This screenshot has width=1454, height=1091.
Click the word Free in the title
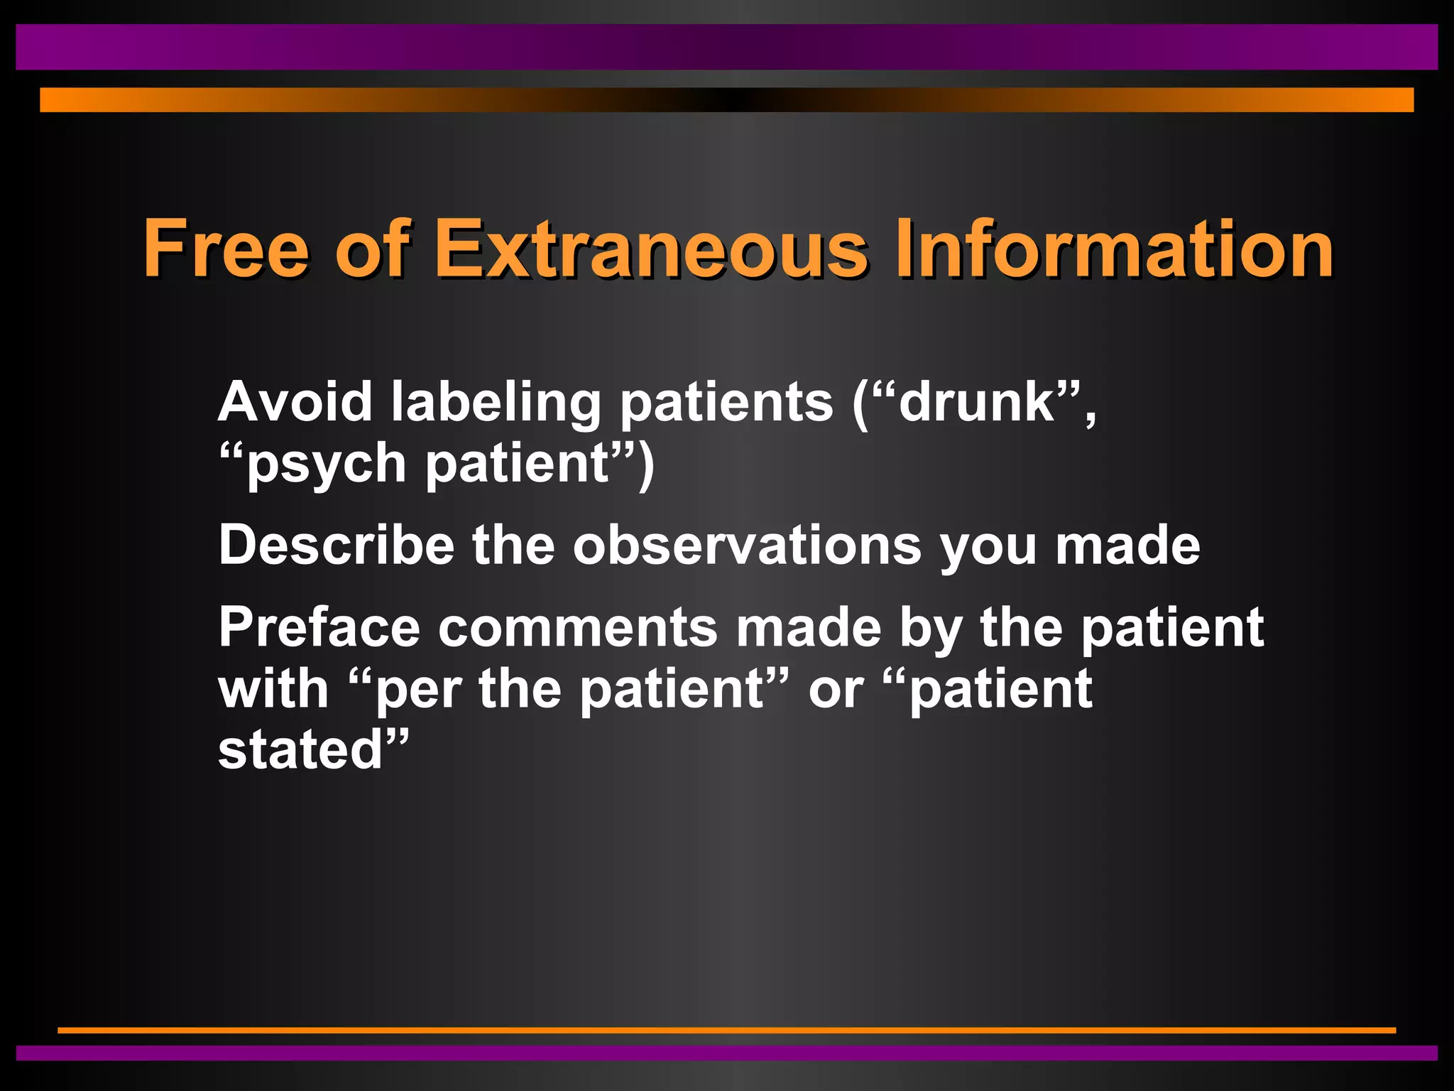pos(226,249)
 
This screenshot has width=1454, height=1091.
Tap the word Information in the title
pos(1115,249)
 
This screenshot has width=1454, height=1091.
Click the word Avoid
pos(295,402)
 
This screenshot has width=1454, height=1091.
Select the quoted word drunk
pos(977,402)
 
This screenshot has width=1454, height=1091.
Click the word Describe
pos(337,545)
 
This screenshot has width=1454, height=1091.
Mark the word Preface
pos(319,628)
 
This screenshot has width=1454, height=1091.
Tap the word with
pos(273,689)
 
